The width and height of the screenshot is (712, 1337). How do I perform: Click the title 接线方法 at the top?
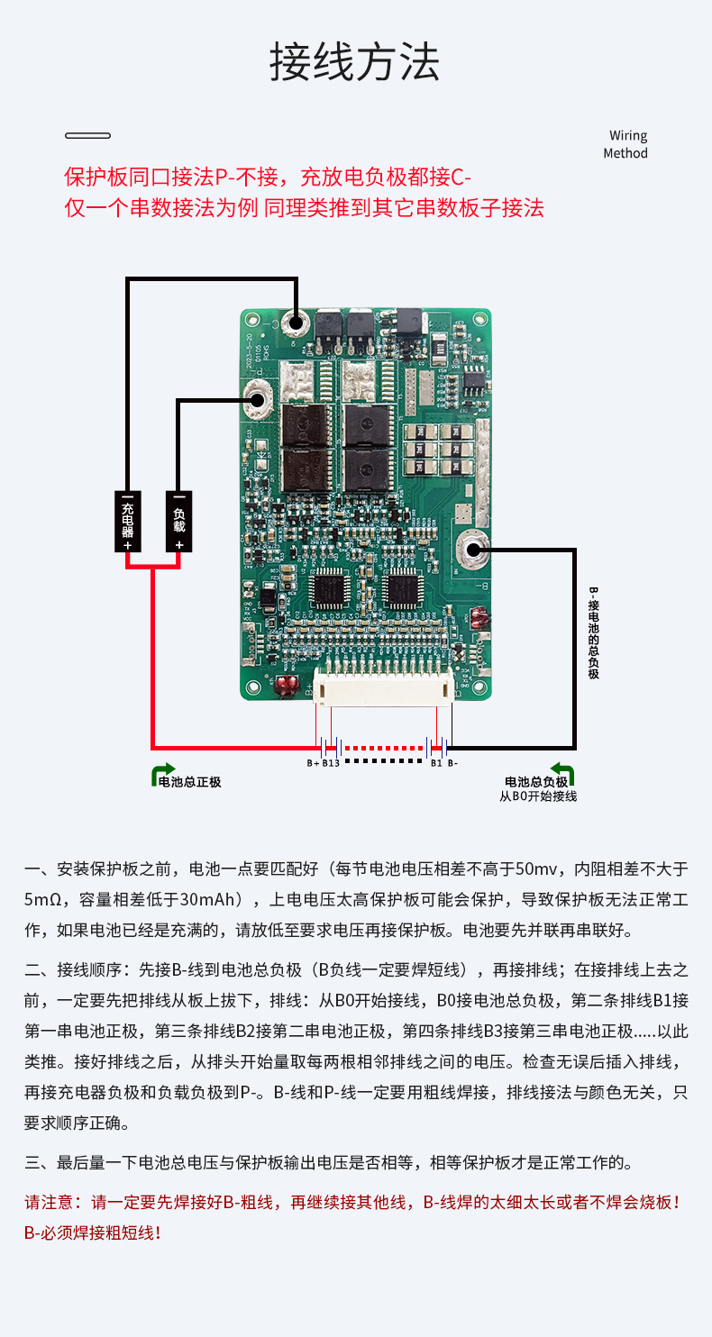tap(355, 62)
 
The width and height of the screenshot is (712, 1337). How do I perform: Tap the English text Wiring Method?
tap(626, 144)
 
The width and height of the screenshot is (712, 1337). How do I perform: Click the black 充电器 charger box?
tap(128, 521)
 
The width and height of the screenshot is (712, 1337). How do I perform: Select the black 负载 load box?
tap(178, 521)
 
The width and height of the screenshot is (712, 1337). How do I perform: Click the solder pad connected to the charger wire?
tap(294, 323)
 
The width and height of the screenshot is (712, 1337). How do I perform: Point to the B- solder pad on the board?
tap(473, 547)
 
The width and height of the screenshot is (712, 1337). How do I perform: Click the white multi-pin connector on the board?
tap(383, 691)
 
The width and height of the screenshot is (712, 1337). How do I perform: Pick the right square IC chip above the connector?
tap(401, 591)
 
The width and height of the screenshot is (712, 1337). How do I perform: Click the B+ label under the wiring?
tap(313, 763)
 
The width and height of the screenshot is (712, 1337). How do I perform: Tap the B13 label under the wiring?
tap(331, 763)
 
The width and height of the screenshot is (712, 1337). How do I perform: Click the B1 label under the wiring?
tap(436, 763)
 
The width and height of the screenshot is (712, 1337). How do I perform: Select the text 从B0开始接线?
tap(538, 796)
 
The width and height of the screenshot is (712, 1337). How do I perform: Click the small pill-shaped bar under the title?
tap(87, 136)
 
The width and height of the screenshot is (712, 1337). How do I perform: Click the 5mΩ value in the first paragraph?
tap(42, 899)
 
